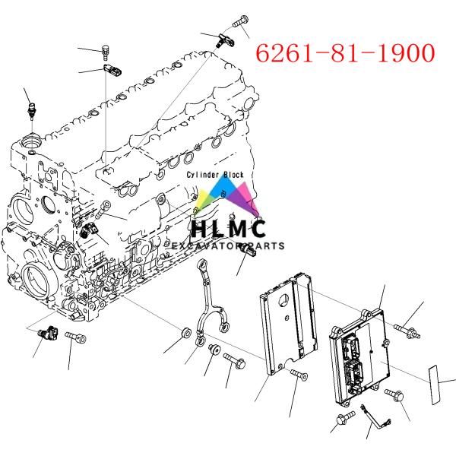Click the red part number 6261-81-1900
point(344,53)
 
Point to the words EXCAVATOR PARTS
point(228,246)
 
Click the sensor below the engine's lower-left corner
point(52,333)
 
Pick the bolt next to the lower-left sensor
point(75,336)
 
